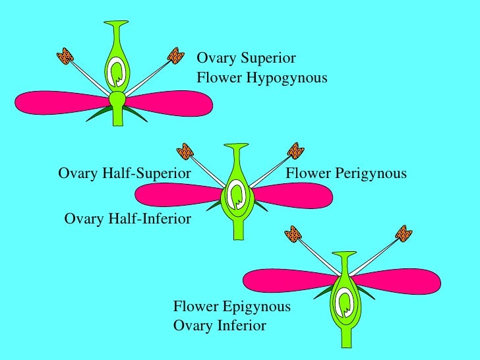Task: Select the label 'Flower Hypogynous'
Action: [x=262, y=78]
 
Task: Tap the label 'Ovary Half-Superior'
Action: [x=125, y=173]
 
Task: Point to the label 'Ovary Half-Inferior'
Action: [x=127, y=218]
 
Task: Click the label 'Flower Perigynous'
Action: [x=346, y=173]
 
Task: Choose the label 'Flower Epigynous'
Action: [x=231, y=307]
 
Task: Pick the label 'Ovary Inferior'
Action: [x=220, y=326]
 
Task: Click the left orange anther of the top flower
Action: [x=64, y=56]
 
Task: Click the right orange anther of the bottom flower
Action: [x=404, y=234]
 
